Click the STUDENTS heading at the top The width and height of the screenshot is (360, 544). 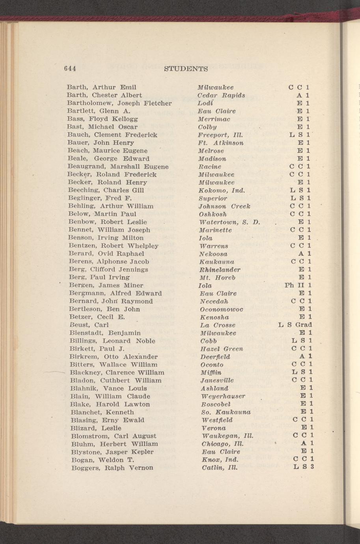pos(186,69)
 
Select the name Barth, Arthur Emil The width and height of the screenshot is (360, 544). pos(101,87)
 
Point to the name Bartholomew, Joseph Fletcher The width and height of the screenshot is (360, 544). pos(119,103)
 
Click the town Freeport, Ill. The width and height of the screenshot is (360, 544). pos(220,135)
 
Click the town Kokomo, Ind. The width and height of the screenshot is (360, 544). pos(221,190)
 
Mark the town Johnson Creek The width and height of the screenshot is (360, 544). pos(224,206)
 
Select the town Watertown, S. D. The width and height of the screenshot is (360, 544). pos(228,222)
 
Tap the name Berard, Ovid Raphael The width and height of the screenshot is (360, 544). pos(106,253)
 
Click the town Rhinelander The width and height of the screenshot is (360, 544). pos(220,270)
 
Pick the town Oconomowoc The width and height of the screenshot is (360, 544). pos(221,309)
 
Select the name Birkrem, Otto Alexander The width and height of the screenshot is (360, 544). pos(113,357)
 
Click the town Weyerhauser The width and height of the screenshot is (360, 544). pos(223,396)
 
